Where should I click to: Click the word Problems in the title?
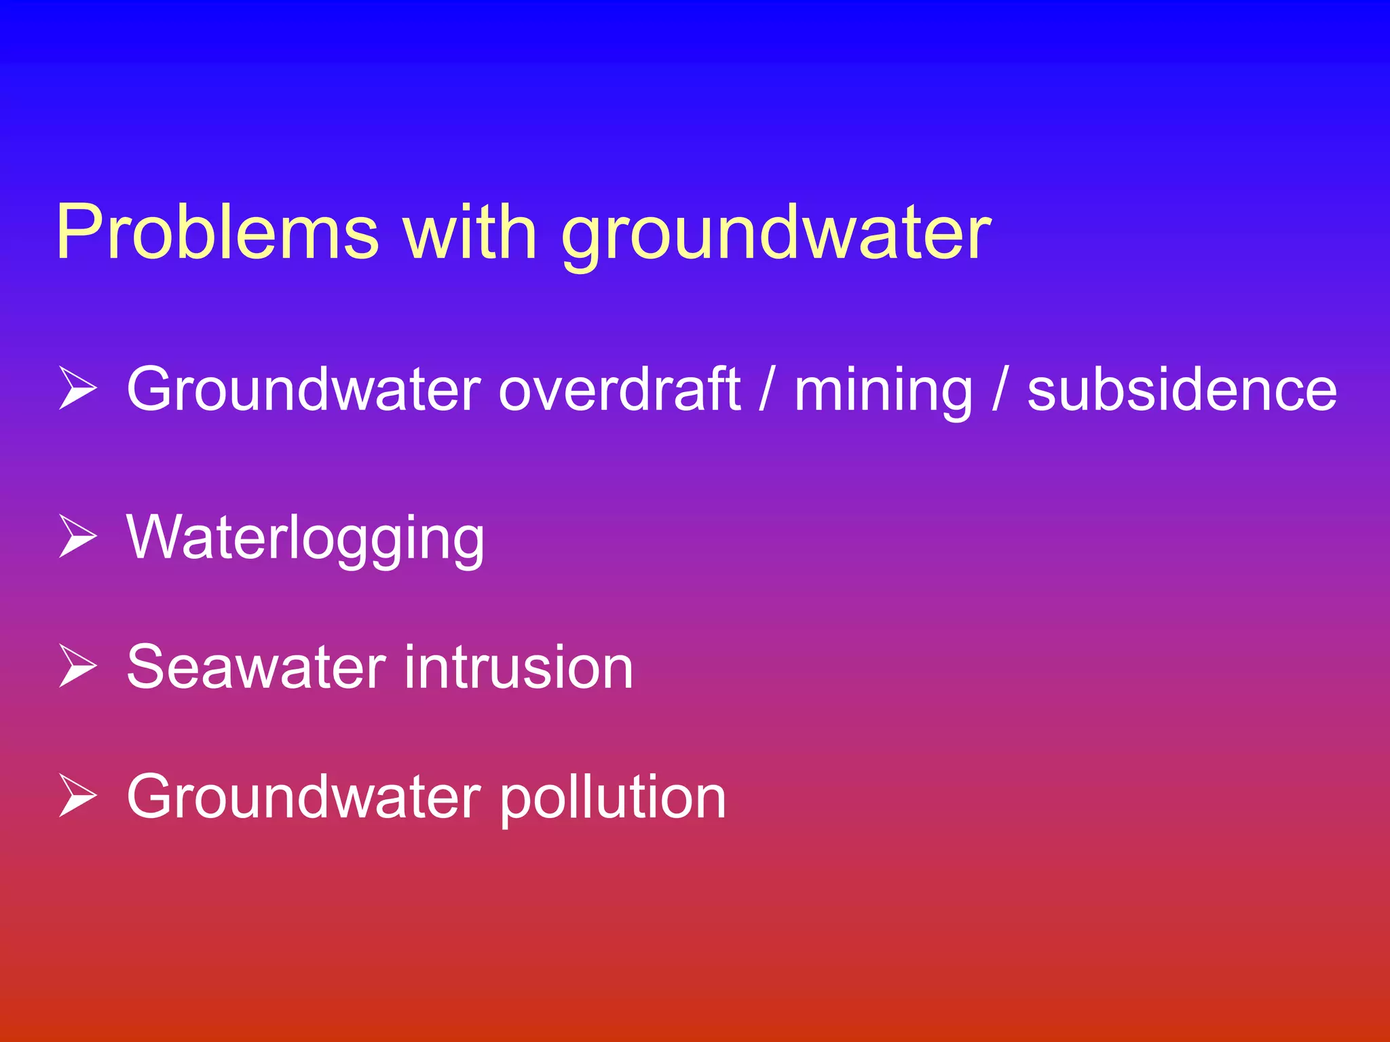coord(217,232)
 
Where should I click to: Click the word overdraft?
coord(620,389)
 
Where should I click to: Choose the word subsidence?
coord(1182,389)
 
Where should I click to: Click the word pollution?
coord(613,798)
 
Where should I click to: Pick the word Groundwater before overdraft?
coord(304,389)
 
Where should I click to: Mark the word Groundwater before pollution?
coord(304,796)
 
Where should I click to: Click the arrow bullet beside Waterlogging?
coord(77,537)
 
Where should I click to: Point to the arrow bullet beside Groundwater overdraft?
coord(77,389)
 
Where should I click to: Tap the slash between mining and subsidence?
coord(998,389)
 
